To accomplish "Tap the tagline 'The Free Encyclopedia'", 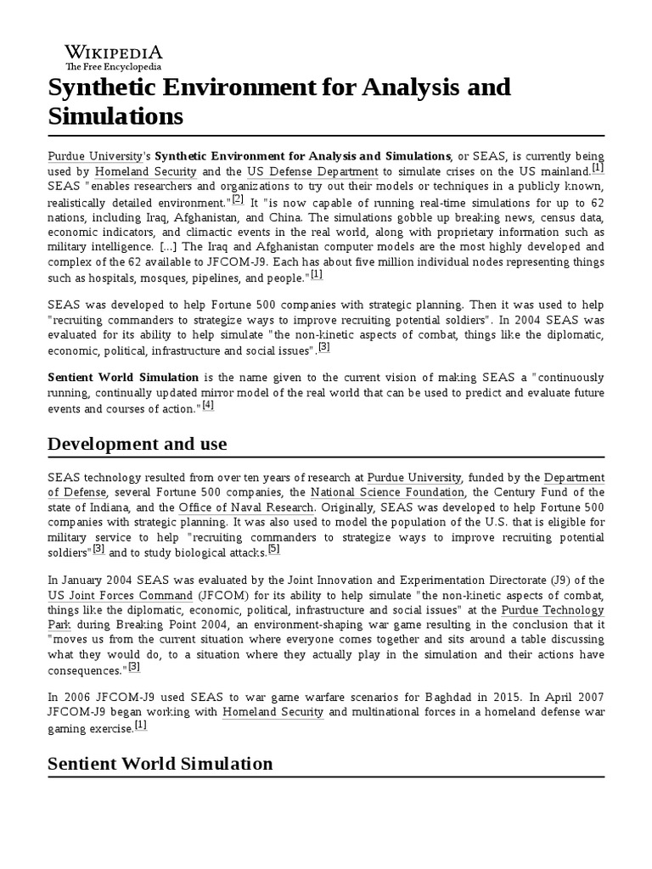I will click(113, 66).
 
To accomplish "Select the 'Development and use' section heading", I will click(137, 444).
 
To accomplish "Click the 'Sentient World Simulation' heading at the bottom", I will click(160, 763).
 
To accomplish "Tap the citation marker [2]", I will click(238, 199).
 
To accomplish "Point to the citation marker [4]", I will click(208, 406).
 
